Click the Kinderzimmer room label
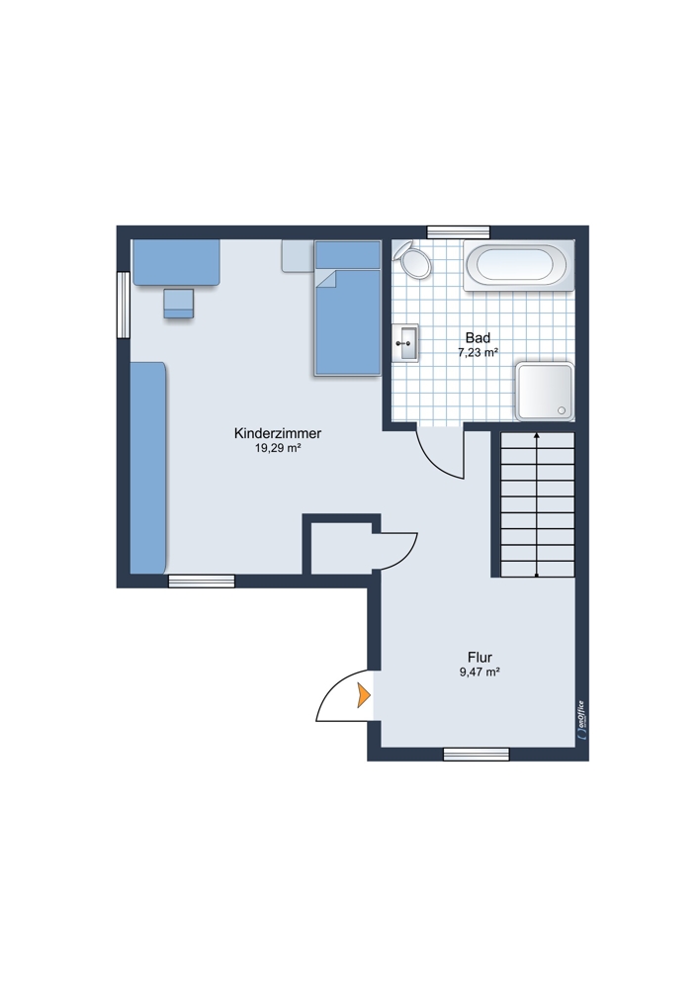coord(278,433)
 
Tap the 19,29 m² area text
coord(278,448)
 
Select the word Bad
coord(478,337)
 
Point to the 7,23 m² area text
coord(478,353)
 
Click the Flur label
coord(480,658)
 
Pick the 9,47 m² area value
coord(480,673)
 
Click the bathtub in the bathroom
coord(519,265)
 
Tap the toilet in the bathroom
coord(412,260)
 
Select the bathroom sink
coord(404,343)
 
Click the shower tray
coord(545,391)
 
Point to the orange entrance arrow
coord(364,695)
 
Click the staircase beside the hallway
coord(537,504)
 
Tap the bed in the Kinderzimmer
coord(347,309)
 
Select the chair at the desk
coord(179,304)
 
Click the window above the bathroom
coord(459,232)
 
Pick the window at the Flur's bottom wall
coord(477,755)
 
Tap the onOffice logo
coord(581,720)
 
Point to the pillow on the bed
coord(347,255)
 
